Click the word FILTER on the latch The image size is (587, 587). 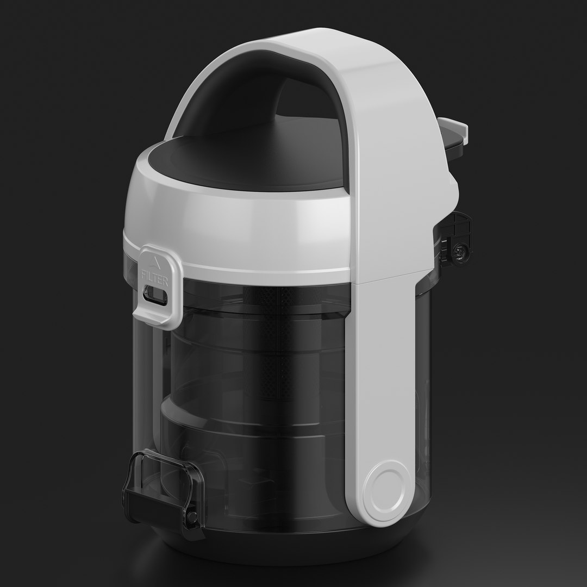[x=154, y=276]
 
